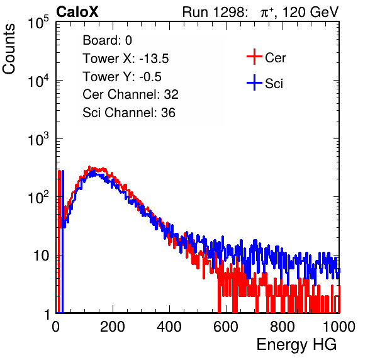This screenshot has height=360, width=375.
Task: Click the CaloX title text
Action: point(77,12)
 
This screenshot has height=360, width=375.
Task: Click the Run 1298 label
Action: point(215,12)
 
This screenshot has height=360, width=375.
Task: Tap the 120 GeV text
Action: point(311,12)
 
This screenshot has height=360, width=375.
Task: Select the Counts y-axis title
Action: point(9,49)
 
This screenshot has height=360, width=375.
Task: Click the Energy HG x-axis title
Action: point(296,345)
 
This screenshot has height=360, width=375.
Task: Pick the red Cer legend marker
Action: point(254,57)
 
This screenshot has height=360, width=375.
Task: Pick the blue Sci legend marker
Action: point(254,83)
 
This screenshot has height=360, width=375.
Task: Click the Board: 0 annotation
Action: point(107,40)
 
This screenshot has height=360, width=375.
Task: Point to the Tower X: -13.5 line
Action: point(126,59)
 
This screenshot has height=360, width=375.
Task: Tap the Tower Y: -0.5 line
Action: point(122,77)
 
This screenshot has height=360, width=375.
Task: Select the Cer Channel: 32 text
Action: point(130,94)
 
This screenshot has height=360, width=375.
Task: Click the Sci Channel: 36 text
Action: point(129,113)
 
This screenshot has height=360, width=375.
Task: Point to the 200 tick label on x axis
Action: point(113,327)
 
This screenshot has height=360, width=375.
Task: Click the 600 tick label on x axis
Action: point(226,327)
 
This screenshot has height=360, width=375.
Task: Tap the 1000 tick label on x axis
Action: point(339,327)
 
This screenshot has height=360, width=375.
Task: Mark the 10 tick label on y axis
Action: point(41,256)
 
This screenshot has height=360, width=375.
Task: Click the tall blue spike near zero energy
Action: point(63,242)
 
